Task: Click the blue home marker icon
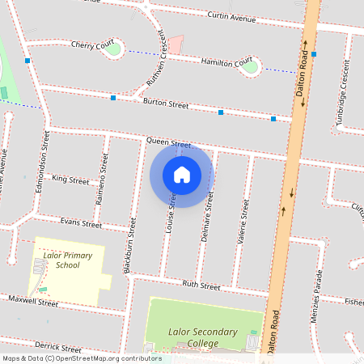click(182, 174)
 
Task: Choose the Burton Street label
click(165, 104)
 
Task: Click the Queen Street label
click(167, 142)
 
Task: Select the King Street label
click(70, 179)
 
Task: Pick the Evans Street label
click(81, 222)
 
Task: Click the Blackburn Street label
click(129, 243)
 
